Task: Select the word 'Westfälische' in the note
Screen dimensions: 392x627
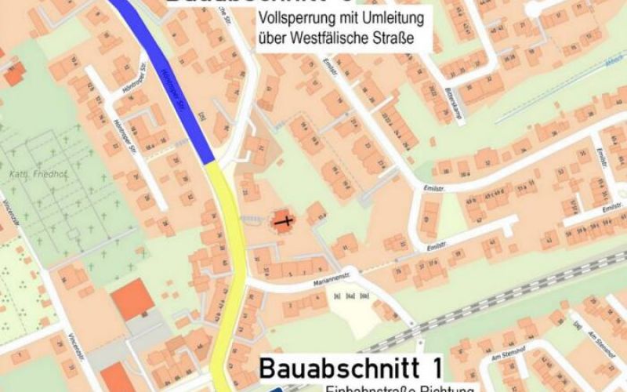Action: (x=339, y=36)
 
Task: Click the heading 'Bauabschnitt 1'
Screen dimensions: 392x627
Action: (x=351, y=367)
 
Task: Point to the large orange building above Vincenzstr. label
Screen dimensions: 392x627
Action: (x=132, y=300)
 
